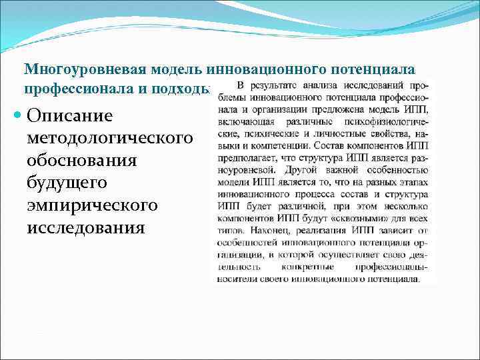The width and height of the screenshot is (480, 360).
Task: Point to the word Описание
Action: tap(70, 115)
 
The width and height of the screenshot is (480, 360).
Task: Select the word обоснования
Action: tap(82, 161)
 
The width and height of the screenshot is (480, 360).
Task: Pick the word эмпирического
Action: tap(93, 206)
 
